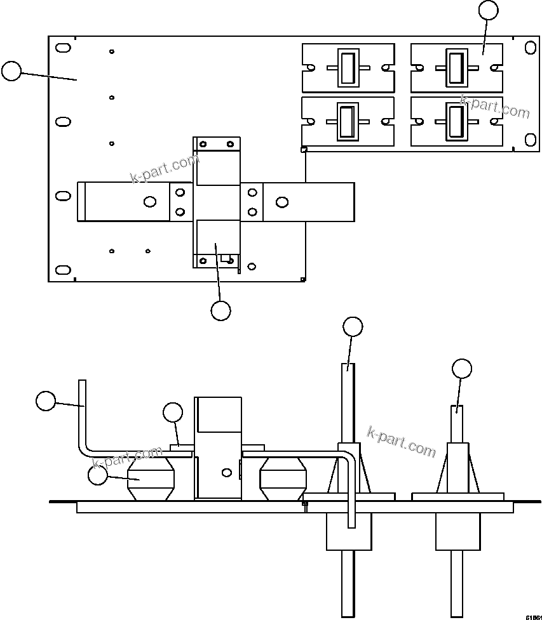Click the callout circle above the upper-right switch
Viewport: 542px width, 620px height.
point(488,10)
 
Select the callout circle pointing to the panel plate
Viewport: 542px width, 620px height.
point(11,71)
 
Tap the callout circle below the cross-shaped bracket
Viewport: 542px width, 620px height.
point(220,310)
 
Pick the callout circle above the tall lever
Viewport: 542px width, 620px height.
point(353,327)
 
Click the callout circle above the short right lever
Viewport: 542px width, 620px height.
point(462,369)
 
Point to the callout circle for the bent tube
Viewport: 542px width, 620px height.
point(45,401)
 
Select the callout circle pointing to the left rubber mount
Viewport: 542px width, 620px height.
point(97,475)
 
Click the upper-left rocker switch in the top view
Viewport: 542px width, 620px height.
point(347,68)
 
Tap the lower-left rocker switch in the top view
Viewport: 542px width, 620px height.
point(347,121)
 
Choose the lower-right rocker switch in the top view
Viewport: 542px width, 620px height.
point(456,121)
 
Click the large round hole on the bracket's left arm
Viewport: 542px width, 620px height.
point(150,202)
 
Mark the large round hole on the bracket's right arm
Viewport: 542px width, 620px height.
point(281,202)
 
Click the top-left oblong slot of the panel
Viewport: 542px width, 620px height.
point(63,48)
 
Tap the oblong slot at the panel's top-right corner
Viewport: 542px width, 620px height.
point(529,48)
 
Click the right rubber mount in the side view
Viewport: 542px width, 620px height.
point(283,480)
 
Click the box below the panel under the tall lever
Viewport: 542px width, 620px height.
point(348,532)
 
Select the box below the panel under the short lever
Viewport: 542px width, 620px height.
point(457,532)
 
